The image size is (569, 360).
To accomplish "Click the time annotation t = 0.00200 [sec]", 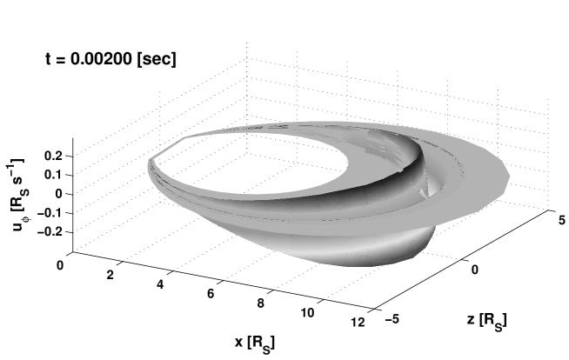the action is (110, 59).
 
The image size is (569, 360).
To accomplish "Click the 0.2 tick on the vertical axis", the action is (53, 156).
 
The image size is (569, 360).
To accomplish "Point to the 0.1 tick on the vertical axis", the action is (53, 175).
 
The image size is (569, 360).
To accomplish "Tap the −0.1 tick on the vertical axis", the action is (50, 213).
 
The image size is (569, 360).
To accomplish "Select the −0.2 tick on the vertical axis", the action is (50, 231).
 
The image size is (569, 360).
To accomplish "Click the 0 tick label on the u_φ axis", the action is (59, 194).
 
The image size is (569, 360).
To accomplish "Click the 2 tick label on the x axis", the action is (110, 275).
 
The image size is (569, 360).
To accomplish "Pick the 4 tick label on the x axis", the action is (160, 284).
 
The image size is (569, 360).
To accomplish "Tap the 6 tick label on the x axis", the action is (211, 294).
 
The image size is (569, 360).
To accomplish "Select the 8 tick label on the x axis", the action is (260, 303).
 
